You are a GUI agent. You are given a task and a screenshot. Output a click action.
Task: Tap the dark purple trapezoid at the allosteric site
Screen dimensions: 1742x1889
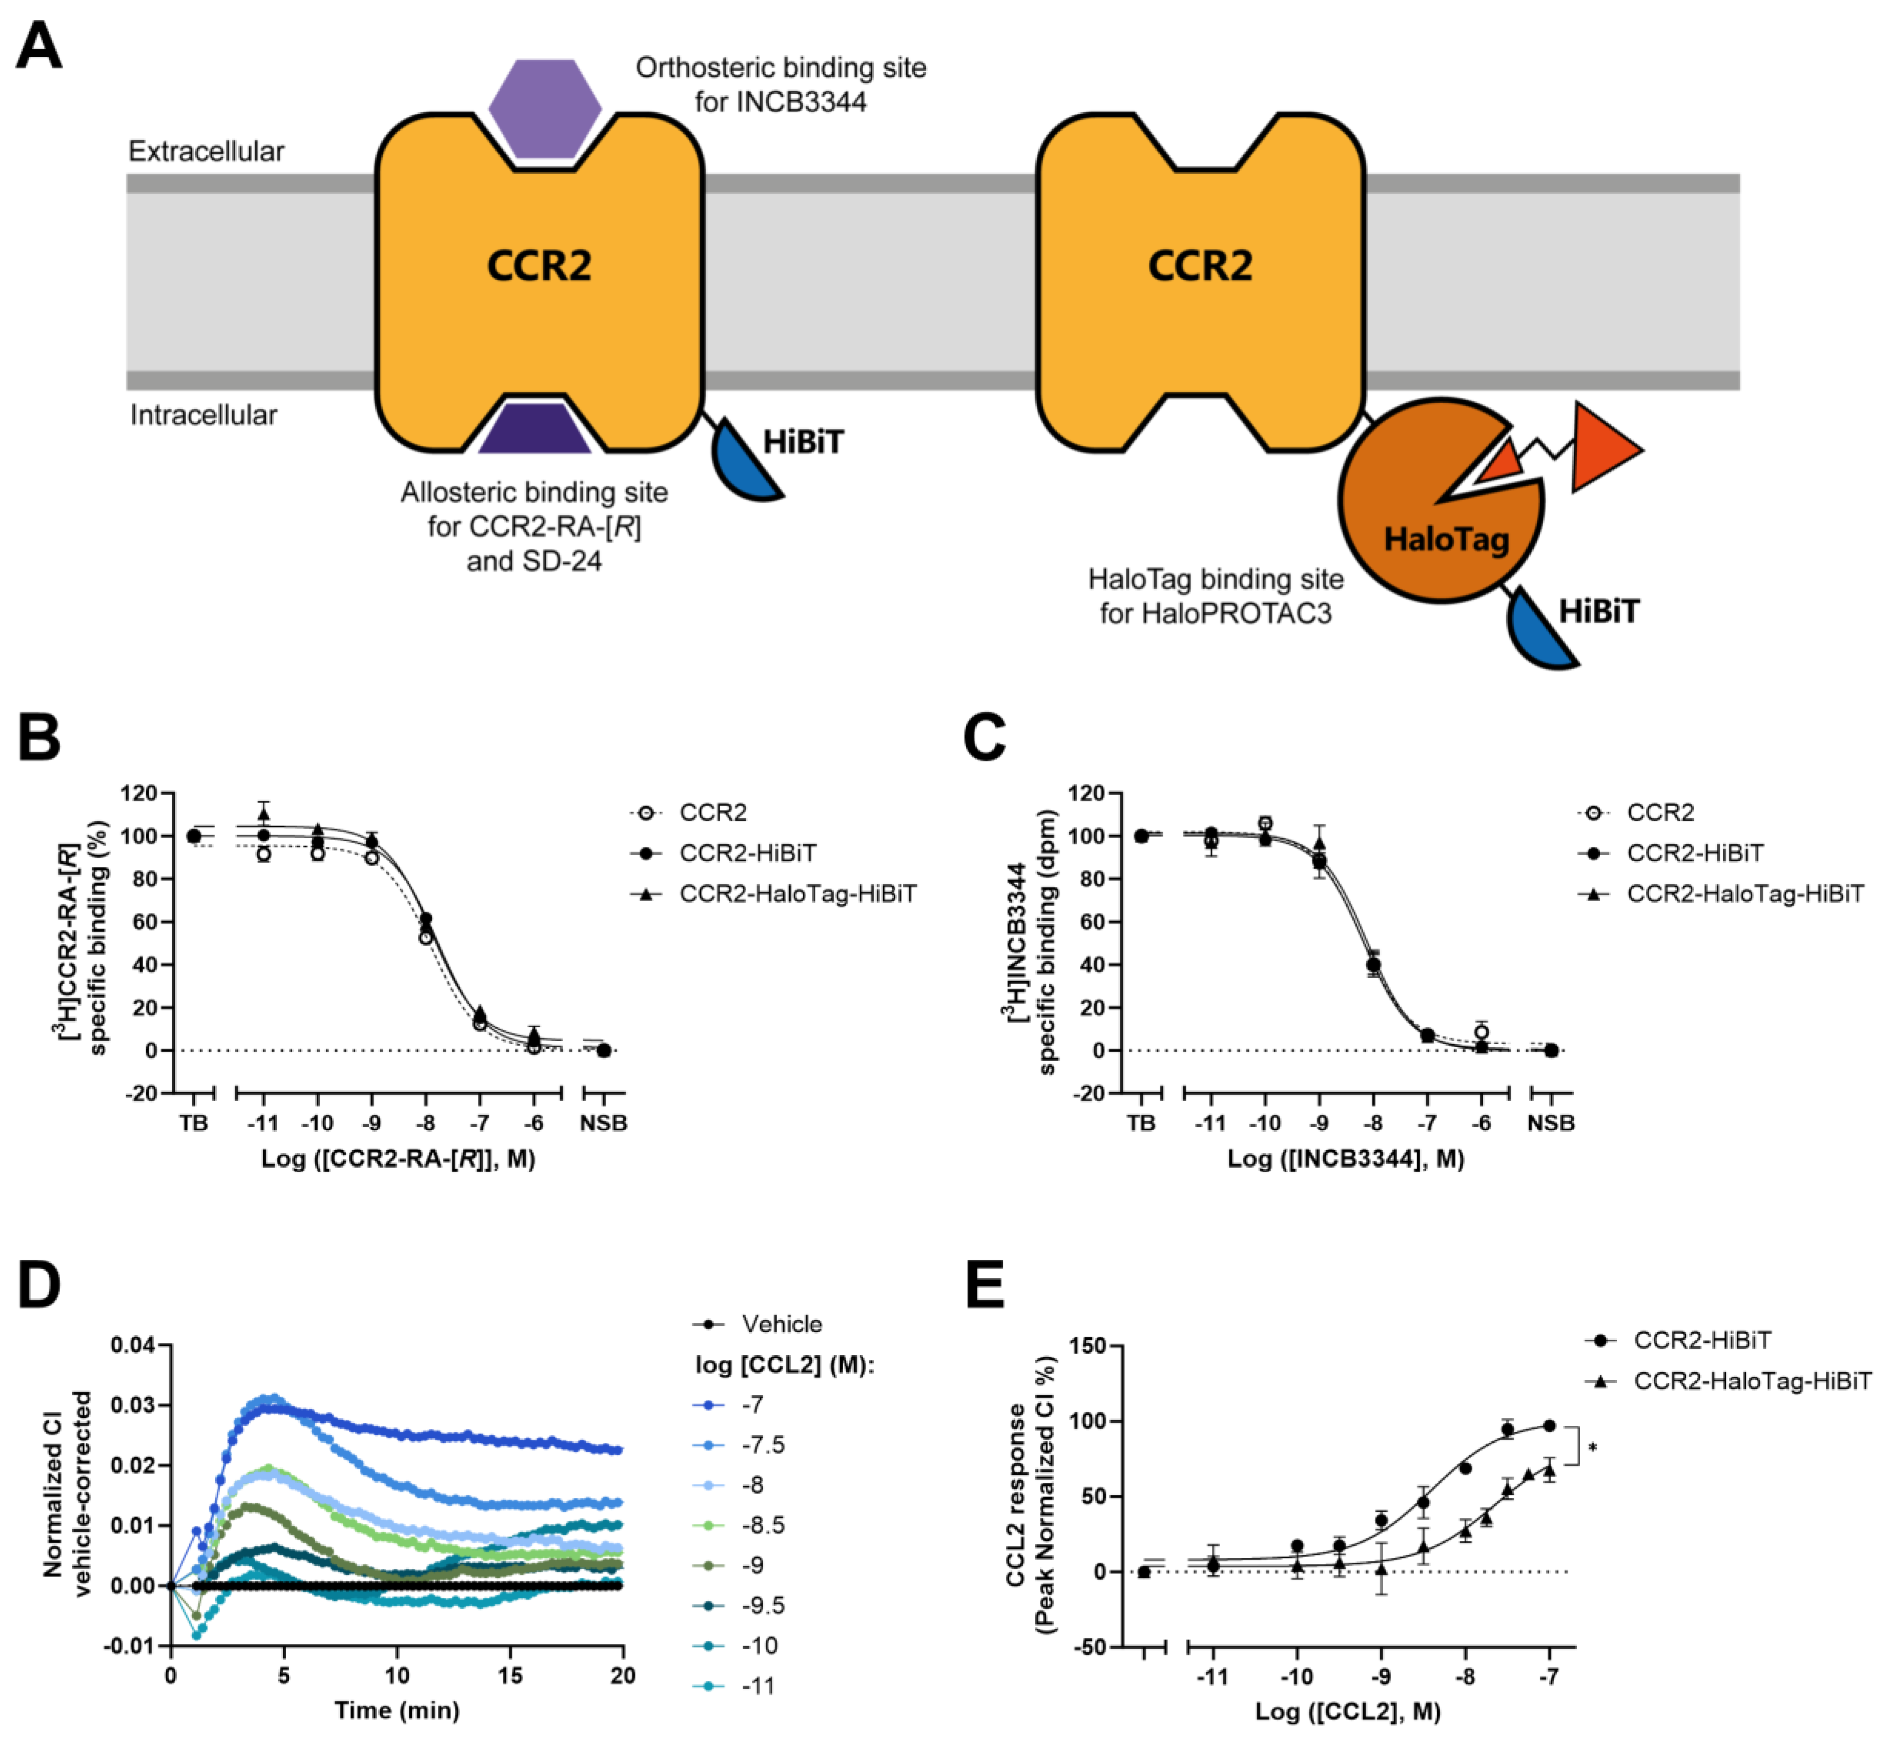(535, 429)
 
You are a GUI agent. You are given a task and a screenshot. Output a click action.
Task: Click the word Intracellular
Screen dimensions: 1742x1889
(203, 416)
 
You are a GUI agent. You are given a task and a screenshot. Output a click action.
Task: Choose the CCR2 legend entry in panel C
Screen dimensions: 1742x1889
(1660, 813)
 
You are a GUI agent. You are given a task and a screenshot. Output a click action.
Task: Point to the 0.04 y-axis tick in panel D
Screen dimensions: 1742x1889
(133, 1344)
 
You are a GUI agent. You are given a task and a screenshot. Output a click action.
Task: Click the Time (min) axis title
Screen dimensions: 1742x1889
(397, 1710)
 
